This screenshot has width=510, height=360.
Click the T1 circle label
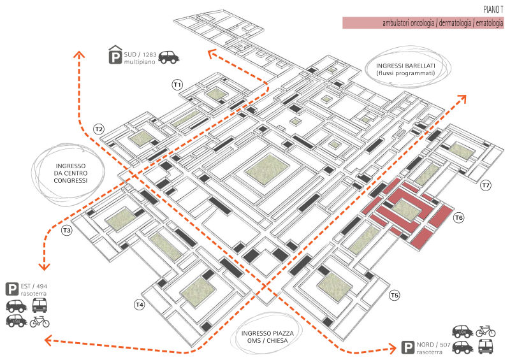pos(177,84)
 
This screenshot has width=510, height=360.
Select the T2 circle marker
pos(98,129)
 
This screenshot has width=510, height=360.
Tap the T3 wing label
pos(66,230)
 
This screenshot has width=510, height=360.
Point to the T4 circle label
pos(139,305)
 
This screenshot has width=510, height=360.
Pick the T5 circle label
pos(395,295)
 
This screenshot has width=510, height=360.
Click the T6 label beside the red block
pos(458,219)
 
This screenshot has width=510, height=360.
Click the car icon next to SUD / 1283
pos(168,57)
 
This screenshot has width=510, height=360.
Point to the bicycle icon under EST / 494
pos(40,321)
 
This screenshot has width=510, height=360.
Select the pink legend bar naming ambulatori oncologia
pos(423,23)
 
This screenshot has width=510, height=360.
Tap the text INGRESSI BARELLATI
pos(405,66)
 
